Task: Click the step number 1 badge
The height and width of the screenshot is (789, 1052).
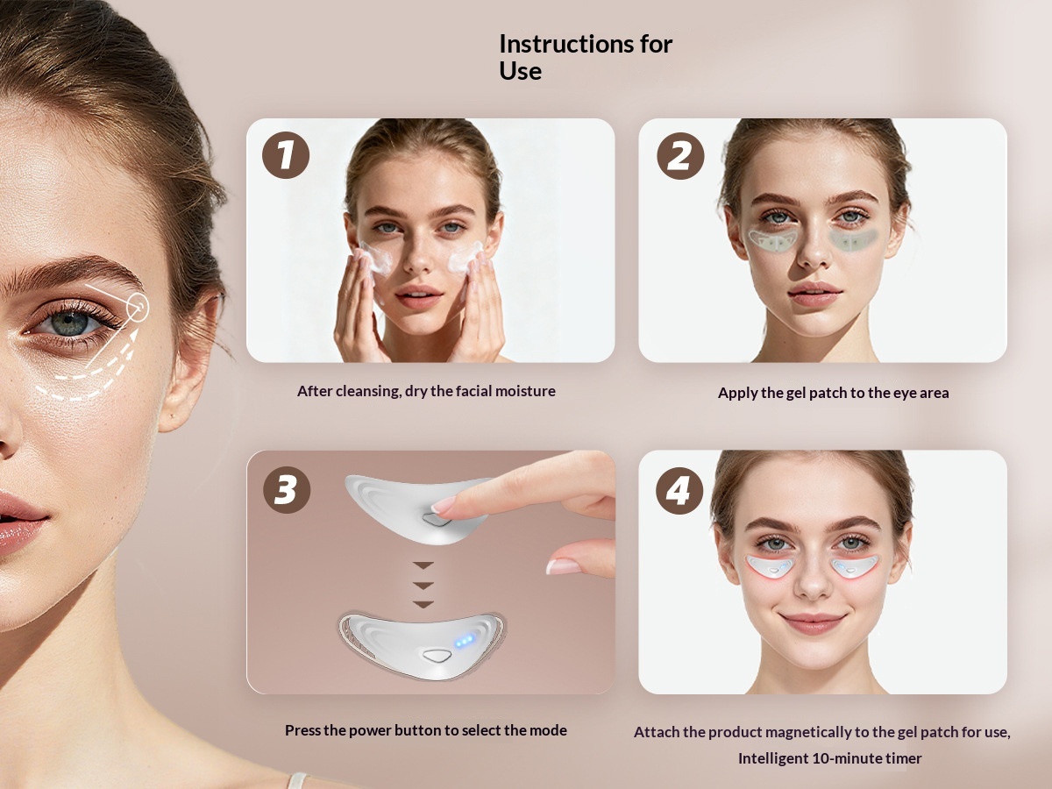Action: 286,155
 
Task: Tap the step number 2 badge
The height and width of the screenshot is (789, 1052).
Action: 680,156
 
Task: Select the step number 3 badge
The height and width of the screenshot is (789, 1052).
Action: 287,490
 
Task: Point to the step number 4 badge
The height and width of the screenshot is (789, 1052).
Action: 679,491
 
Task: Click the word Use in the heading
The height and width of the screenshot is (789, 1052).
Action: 521,71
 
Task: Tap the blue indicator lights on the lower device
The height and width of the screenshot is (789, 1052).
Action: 465,641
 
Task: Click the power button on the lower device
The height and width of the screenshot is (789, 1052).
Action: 436,656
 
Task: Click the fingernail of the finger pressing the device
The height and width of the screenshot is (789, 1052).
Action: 444,504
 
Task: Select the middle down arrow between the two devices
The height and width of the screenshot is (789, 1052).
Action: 423,586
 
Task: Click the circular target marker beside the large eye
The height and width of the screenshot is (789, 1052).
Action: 138,307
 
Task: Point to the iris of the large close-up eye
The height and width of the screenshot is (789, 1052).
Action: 70,323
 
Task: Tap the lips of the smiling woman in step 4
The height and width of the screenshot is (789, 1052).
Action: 812,623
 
